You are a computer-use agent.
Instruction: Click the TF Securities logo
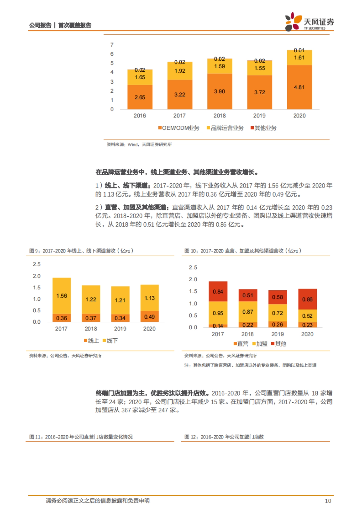(x=309, y=22)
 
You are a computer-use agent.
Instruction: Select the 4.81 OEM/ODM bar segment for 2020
(x=299, y=87)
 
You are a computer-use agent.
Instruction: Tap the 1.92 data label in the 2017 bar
(x=180, y=71)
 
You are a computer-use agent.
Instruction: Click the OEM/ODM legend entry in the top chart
(x=179, y=128)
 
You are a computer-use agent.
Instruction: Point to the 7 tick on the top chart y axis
(x=112, y=45)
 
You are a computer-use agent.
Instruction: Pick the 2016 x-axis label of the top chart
(x=140, y=116)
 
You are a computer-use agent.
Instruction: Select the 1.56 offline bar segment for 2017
(x=62, y=296)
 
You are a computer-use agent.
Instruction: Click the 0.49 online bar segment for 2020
(x=149, y=317)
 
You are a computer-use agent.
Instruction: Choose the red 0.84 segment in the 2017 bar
(x=218, y=292)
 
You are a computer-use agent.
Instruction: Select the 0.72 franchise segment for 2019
(x=278, y=313)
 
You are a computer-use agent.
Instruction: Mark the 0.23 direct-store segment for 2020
(x=307, y=325)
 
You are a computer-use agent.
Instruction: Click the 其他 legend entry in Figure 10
(x=279, y=344)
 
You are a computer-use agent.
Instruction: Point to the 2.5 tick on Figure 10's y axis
(x=193, y=267)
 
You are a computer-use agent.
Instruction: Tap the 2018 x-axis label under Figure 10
(x=247, y=334)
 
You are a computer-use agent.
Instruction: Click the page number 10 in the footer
(x=328, y=501)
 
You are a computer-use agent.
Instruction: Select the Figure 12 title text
(x=224, y=437)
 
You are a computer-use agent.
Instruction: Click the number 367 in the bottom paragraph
(x=126, y=410)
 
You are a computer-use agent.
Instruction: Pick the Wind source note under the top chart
(x=139, y=144)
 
